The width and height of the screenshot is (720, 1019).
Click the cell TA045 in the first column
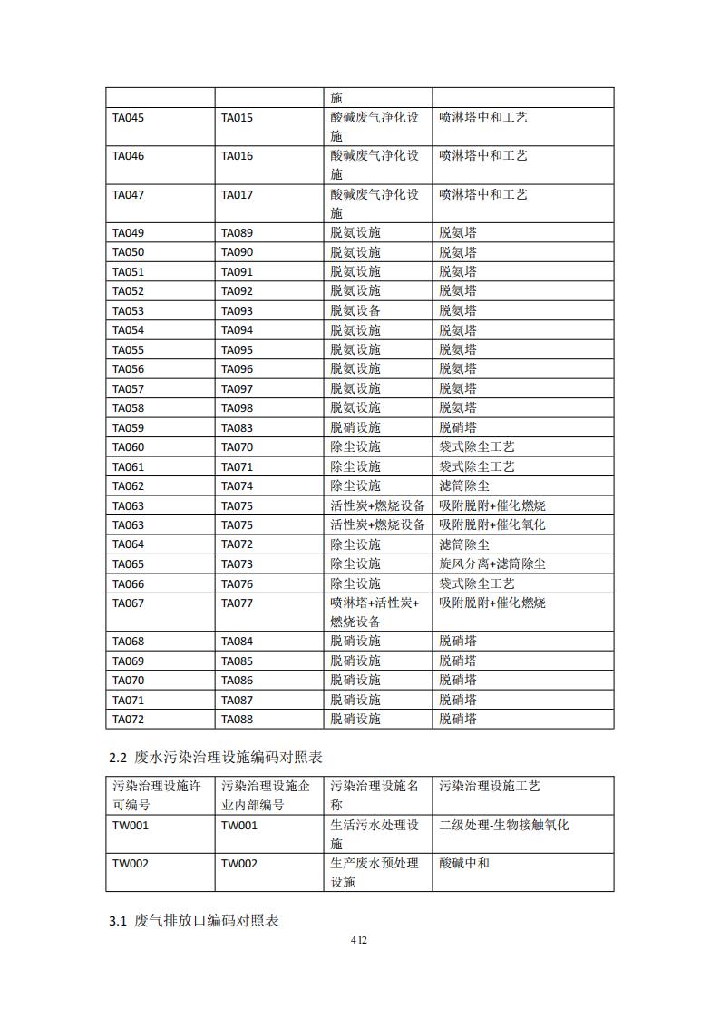point(128,118)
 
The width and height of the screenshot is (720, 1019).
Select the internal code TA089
point(237,233)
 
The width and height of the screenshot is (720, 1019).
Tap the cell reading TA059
point(128,427)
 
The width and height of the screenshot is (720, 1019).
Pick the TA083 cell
point(237,427)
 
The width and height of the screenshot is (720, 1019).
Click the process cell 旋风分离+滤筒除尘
point(492,563)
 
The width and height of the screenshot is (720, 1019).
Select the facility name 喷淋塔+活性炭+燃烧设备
point(375,612)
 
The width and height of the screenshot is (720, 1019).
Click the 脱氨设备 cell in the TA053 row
point(355,311)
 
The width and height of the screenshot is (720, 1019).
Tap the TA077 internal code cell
point(237,603)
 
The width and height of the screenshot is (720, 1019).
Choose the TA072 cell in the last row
point(128,720)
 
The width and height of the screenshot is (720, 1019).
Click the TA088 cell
point(237,720)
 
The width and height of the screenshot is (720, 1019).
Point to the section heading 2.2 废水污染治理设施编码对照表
point(216,756)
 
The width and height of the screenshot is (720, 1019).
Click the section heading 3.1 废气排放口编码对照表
point(194,921)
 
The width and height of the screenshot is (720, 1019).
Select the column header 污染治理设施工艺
point(490,787)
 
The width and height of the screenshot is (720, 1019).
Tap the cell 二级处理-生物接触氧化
point(504,826)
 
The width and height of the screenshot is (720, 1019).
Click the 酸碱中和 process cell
point(464,864)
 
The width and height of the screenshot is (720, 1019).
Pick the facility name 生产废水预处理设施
point(375,873)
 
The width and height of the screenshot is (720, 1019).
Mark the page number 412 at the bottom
point(359,940)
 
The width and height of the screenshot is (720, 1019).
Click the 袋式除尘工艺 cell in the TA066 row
point(477,583)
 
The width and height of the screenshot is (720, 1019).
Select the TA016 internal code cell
point(237,156)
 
